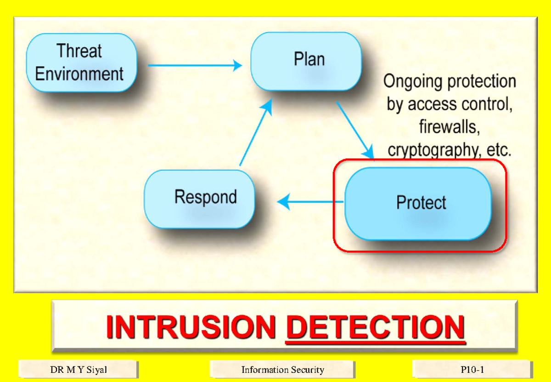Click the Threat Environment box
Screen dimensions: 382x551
pos(81,63)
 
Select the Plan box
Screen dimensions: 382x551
pos(306,61)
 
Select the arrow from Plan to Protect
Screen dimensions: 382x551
pos(354,130)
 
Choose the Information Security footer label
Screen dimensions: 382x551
pos(282,370)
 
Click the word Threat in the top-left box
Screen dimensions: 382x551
pos(79,51)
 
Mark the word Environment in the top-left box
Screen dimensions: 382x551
pos(79,74)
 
